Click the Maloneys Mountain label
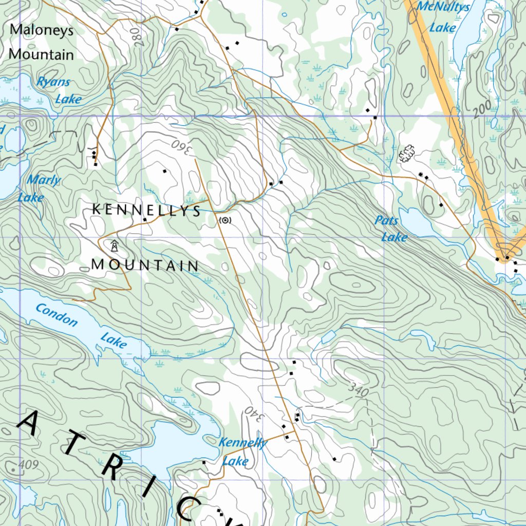(x=42, y=42)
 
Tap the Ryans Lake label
(x=61, y=90)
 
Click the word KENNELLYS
(x=146, y=210)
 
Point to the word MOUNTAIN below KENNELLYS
(x=145, y=266)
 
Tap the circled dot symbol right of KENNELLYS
(x=225, y=220)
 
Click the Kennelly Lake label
(x=241, y=451)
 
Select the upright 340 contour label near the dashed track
(x=358, y=391)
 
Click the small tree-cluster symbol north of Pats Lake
(x=406, y=153)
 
